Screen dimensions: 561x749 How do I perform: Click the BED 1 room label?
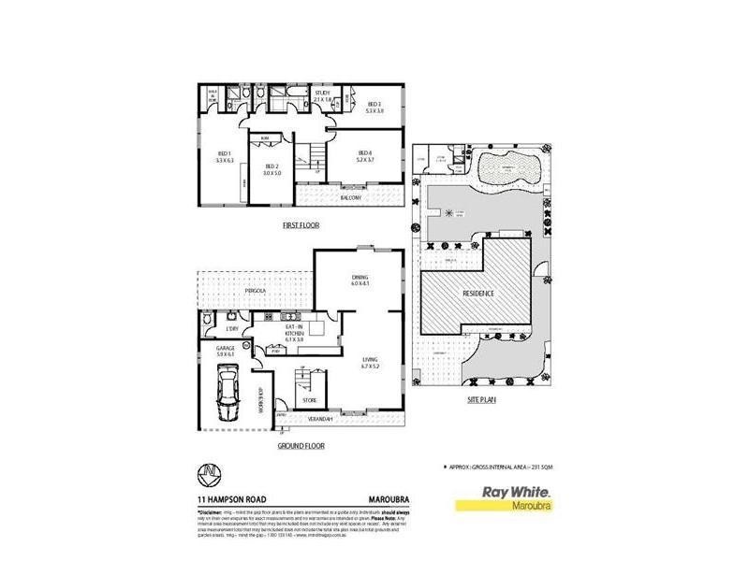[x=224, y=155]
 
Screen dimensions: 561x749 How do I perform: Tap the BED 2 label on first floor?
[x=272, y=169]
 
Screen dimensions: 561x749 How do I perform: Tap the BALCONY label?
[x=350, y=198]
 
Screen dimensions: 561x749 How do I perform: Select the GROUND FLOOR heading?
[x=301, y=446]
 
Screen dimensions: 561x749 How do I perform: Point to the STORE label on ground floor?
[x=310, y=400]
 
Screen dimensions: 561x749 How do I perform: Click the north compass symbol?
[x=213, y=473]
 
